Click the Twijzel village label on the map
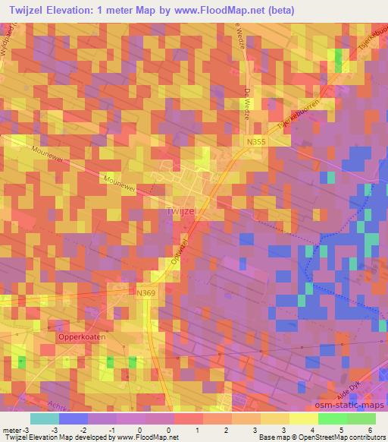[x=180, y=213]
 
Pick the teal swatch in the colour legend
[x=45, y=418]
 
